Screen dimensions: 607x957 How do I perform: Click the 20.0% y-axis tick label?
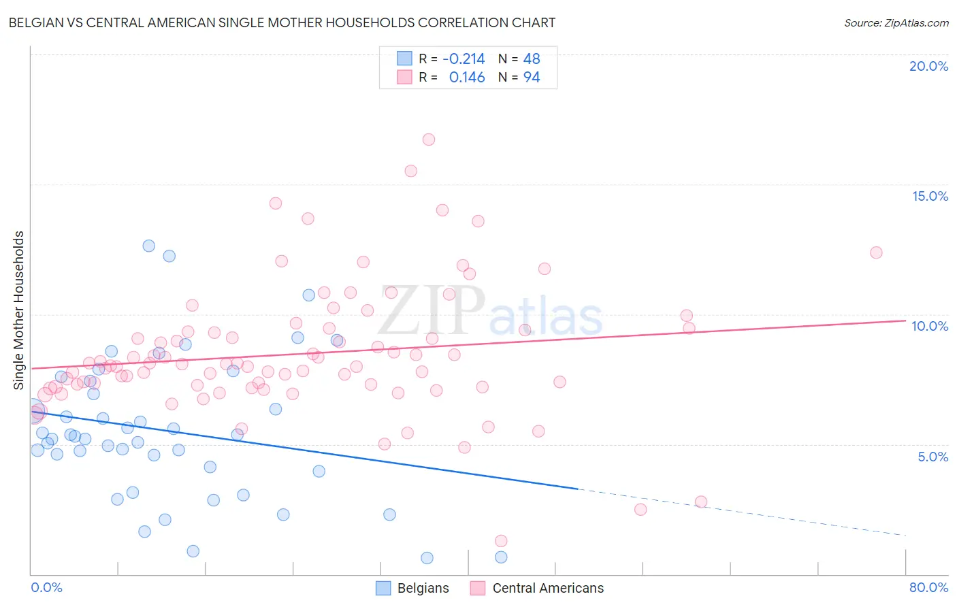coord(928,66)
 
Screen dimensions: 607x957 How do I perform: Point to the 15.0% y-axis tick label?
coord(930,196)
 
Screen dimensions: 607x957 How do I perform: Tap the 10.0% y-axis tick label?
coord(930,326)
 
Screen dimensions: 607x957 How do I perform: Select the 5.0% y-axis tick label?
coord(932,457)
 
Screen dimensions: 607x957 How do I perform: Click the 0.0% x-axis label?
coord(46,587)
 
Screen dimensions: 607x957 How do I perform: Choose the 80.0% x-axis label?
coord(928,587)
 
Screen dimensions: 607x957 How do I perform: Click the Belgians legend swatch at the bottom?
coord(383,588)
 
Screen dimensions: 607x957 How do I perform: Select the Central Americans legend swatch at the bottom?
coord(478,588)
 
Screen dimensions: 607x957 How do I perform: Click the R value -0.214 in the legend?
coord(464,59)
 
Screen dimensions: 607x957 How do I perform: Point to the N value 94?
coord(532,78)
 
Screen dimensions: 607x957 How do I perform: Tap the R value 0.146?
coord(467,78)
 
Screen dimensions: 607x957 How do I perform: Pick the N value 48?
coord(532,59)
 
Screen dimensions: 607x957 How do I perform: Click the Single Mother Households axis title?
coord(19,310)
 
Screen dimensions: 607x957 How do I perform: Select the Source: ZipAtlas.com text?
coord(896,23)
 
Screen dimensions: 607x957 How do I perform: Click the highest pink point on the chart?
coord(428,140)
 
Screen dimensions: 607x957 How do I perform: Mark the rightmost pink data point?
coord(876,252)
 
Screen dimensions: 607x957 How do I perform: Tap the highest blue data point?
coord(149,246)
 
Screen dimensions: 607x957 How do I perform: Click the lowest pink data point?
coord(501,541)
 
